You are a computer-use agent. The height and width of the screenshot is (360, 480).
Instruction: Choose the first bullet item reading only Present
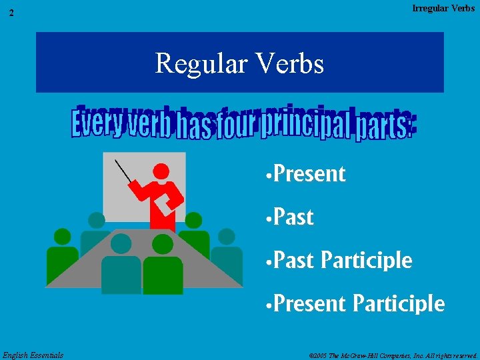click(x=309, y=174)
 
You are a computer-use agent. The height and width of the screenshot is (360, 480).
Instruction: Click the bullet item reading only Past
click(x=293, y=217)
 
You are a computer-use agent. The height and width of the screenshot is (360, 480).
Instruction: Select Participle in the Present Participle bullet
click(x=398, y=304)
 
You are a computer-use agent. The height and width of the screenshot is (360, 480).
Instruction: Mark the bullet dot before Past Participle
click(x=267, y=261)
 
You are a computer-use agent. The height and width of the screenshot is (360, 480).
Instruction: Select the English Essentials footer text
click(x=33, y=355)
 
